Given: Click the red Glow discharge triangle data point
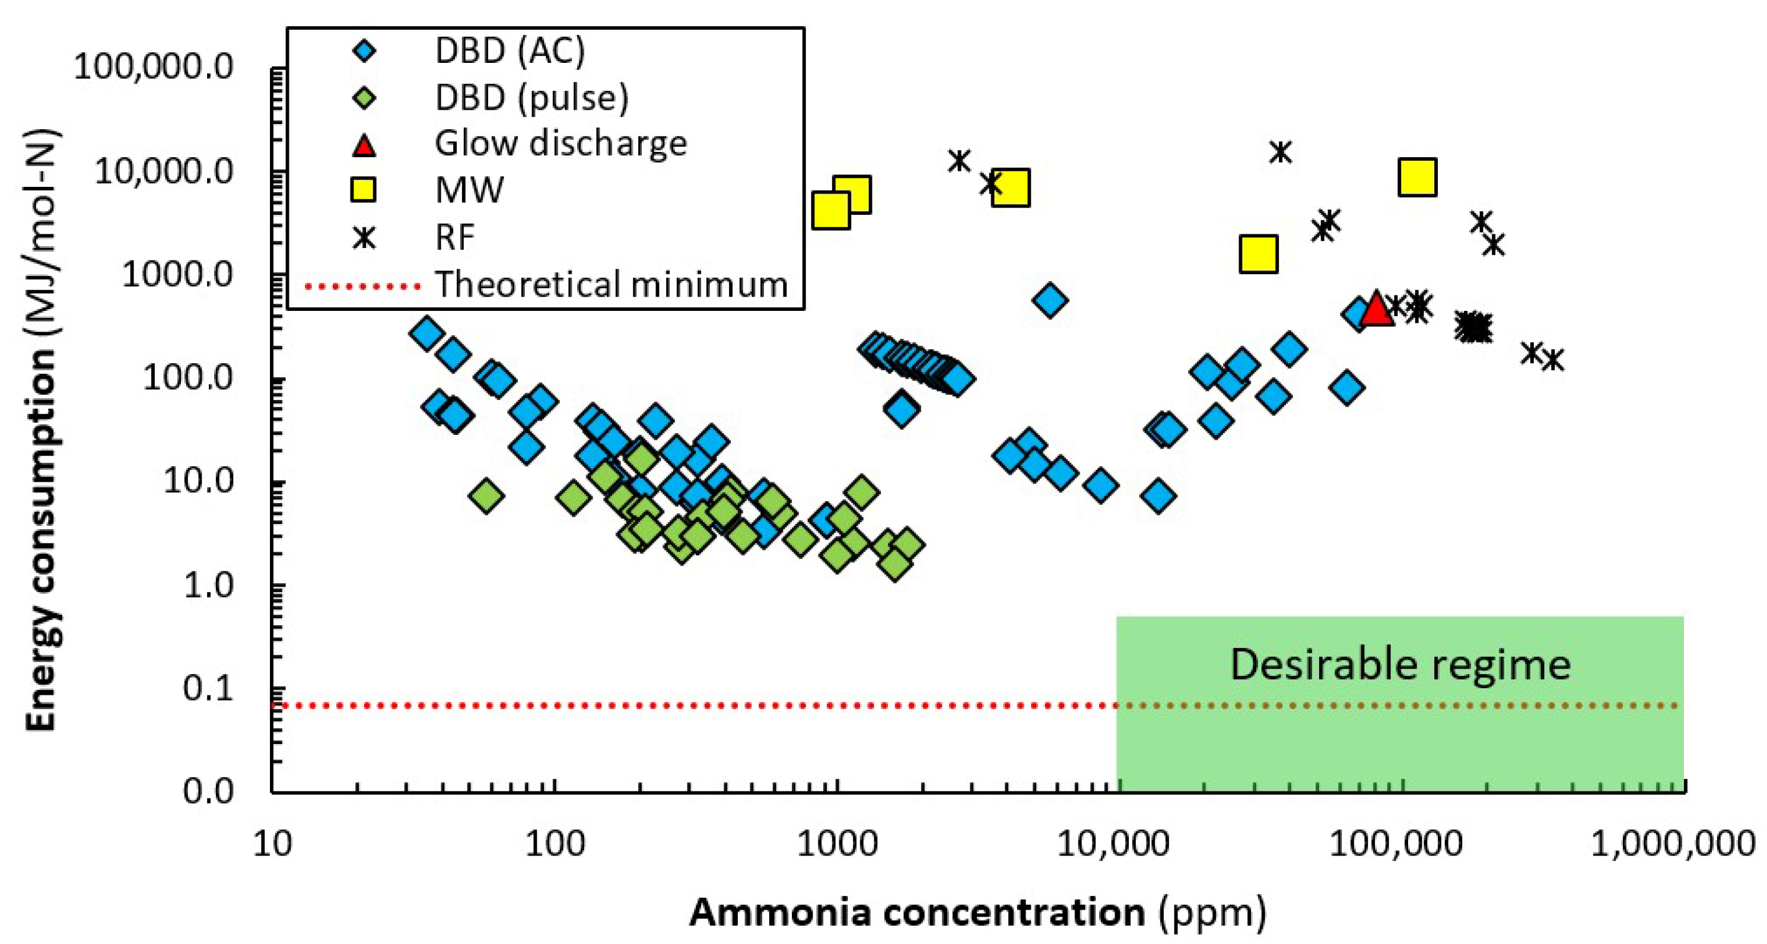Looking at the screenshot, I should (x=1376, y=308).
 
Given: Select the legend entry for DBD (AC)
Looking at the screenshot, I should (x=510, y=51).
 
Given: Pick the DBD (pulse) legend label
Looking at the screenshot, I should (x=531, y=97).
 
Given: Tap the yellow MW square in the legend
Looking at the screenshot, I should (x=364, y=189).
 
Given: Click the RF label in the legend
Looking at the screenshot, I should (x=454, y=237).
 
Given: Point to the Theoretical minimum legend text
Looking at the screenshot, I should (x=611, y=284).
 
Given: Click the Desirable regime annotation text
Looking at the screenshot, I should (x=1400, y=664).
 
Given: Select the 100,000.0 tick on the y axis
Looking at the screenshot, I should (x=154, y=67).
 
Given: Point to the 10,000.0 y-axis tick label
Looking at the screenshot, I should (x=164, y=171).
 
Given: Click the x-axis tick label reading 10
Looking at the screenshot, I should (x=272, y=843).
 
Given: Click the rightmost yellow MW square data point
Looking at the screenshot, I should (x=1417, y=177).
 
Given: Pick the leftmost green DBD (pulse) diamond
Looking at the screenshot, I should (x=486, y=495).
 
